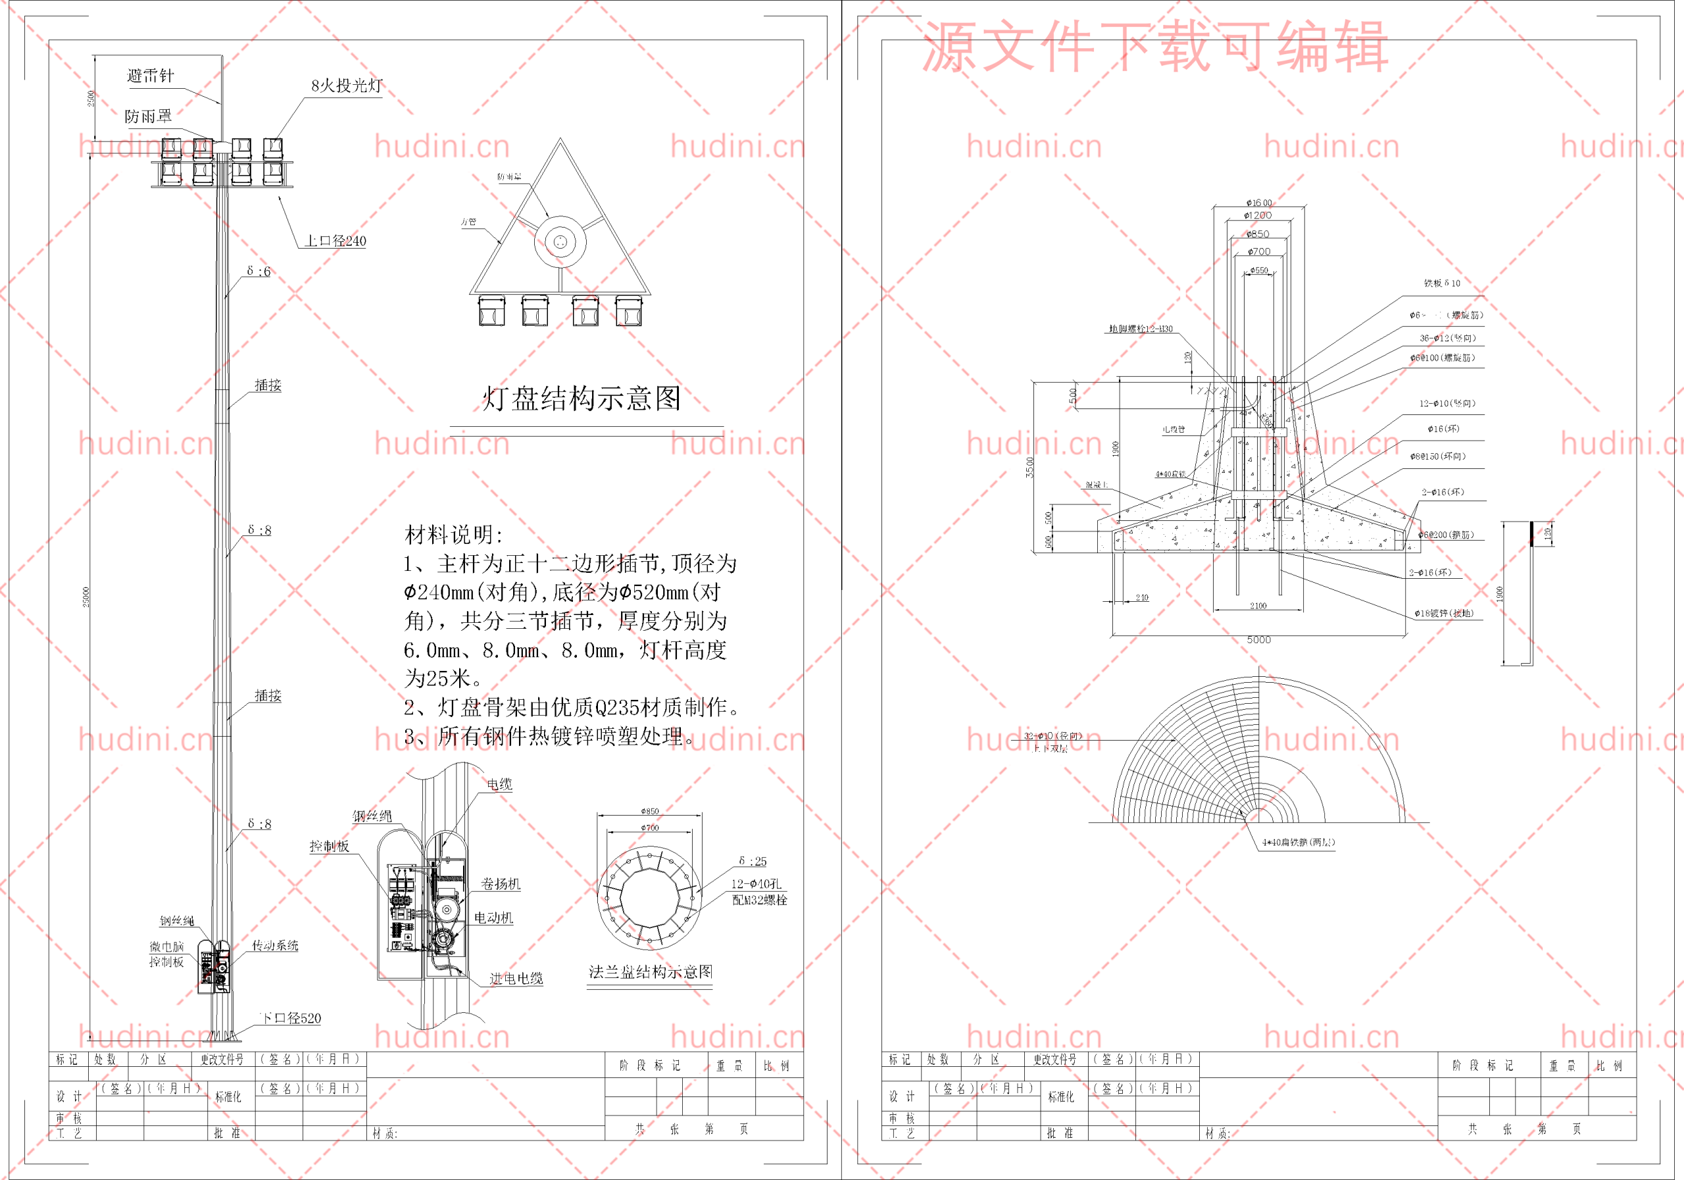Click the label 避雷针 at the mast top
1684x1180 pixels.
[x=151, y=76]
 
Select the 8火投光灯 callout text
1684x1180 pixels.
[x=346, y=86]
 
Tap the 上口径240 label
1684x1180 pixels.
[x=335, y=241]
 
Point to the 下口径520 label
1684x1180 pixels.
[x=291, y=1018]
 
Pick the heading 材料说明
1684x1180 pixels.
[x=453, y=535]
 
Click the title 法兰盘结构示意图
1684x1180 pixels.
[x=651, y=972]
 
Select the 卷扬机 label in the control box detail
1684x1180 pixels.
[x=500, y=884]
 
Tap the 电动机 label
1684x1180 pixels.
[x=493, y=918]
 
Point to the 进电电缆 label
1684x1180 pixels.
[x=516, y=978]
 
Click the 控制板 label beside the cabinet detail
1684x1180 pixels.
[x=330, y=847]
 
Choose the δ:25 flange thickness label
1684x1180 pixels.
[x=753, y=861]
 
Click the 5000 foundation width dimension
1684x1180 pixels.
[x=1258, y=640]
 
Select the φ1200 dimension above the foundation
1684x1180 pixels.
[x=1258, y=216]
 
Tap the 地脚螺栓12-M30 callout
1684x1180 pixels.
[x=1141, y=330]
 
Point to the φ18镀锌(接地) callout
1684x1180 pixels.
[x=1443, y=614]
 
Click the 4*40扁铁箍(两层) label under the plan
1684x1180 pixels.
[x=1299, y=843]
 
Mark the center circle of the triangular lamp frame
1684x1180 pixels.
[x=560, y=241]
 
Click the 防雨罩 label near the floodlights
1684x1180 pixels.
[x=148, y=116]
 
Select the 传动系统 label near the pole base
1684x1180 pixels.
[x=275, y=946]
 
